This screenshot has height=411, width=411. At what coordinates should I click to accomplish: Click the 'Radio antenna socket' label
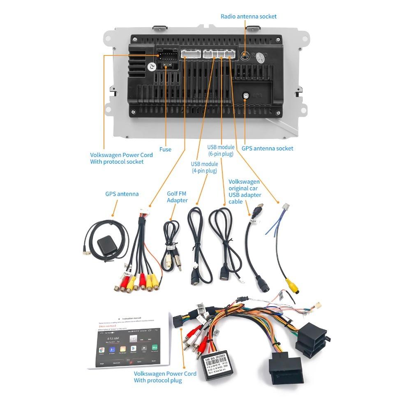click(x=248, y=16)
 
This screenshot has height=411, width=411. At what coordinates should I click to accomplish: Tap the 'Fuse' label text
click(x=165, y=149)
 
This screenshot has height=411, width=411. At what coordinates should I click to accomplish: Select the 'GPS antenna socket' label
click(x=267, y=148)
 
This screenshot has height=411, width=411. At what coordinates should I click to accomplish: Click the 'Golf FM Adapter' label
click(x=177, y=197)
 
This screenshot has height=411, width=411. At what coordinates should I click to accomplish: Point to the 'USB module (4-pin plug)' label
click(x=204, y=167)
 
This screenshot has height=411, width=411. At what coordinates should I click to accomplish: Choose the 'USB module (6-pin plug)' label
click(x=221, y=150)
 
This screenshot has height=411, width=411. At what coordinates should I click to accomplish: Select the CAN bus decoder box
click(x=219, y=363)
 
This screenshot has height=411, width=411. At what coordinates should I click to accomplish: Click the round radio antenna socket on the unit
click(x=245, y=55)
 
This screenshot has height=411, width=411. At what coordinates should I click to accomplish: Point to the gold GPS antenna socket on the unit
click(x=245, y=95)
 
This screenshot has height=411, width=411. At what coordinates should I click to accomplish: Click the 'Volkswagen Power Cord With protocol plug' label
click(x=165, y=377)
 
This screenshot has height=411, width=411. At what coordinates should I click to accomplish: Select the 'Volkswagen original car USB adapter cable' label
click(x=244, y=192)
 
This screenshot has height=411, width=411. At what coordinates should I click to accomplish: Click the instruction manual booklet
click(x=129, y=341)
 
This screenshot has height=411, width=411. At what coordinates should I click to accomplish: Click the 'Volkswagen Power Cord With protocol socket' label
click(x=121, y=158)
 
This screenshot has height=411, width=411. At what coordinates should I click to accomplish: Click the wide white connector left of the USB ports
click(x=190, y=54)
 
